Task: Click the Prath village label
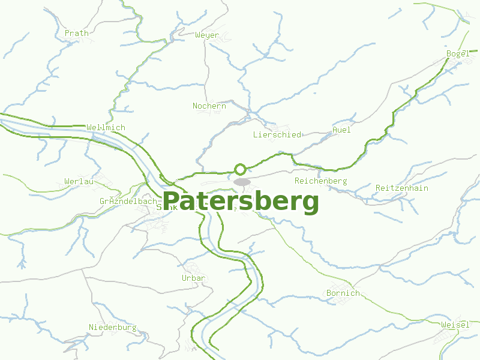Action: tap(76, 33)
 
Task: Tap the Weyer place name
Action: tap(207, 35)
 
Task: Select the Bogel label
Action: tap(458, 54)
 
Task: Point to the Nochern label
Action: tap(209, 106)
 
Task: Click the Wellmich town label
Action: tap(106, 128)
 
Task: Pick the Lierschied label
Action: tap(277, 135)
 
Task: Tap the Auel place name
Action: tap(341, 130)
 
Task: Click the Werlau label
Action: tap(79, 181)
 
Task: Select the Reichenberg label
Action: tap(320, 181)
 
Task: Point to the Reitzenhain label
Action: tap(401, 188)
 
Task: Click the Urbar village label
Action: tap(193, 278)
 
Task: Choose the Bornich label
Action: tap(343, 293)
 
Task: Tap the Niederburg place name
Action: tap(112, 328)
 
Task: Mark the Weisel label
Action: tap(455, 325)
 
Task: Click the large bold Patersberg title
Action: tap(241, 202)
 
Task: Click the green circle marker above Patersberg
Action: tap(240, 169)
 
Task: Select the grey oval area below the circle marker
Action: tap(242, 181)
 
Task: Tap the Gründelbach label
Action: tap(128, 202)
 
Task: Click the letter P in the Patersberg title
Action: tap(172, 202)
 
